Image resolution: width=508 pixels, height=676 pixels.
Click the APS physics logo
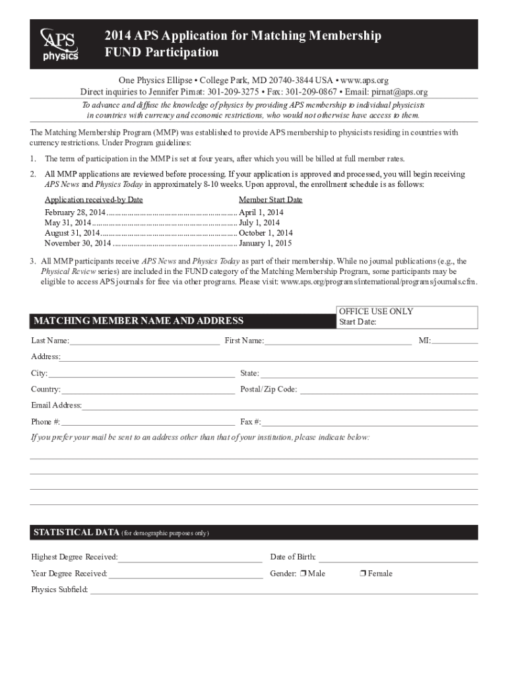(60, 44)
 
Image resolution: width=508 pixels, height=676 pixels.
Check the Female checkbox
(363, 574)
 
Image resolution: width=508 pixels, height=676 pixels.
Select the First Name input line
(338, 342)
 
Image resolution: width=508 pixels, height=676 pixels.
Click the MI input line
(455, 342)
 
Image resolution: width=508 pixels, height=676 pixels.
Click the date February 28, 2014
(75, 213)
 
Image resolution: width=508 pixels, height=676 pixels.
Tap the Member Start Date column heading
(270, 200)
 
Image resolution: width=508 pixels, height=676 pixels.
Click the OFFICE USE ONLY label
(376, 312)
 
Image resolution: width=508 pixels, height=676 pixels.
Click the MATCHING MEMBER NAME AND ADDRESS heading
(139, 321)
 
